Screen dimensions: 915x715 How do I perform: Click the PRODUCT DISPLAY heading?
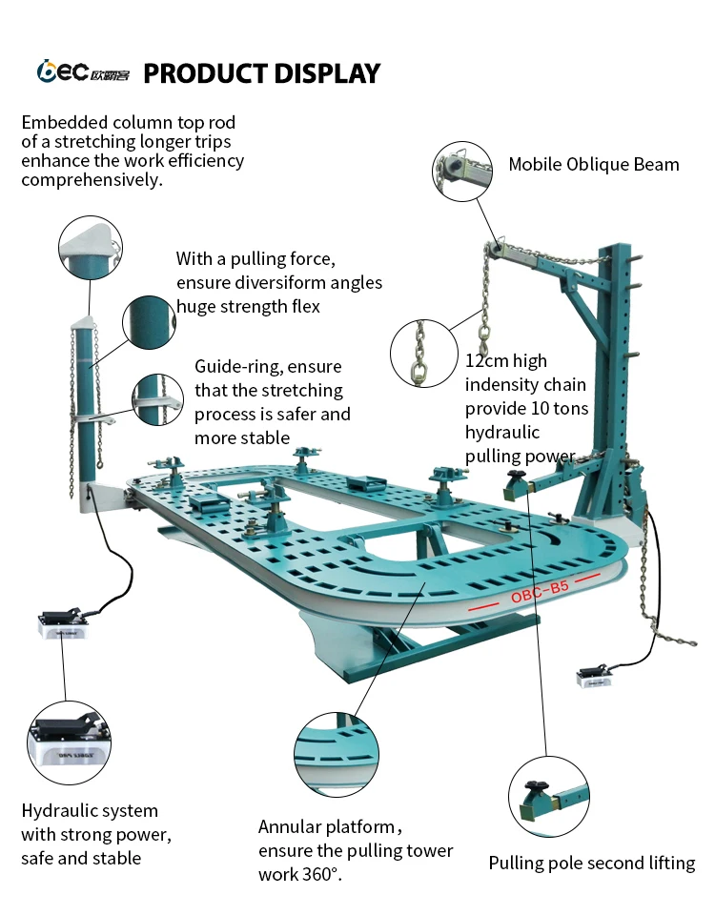[x=261, y=73]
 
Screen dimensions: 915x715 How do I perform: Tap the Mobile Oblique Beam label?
[x=593, y=164]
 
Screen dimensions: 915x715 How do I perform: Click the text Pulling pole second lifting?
[x=591, y=864]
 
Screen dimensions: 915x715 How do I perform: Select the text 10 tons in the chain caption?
[x=566, y=408]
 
